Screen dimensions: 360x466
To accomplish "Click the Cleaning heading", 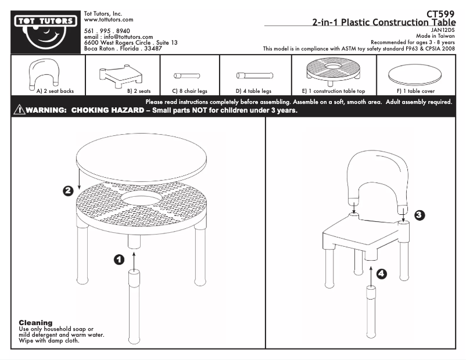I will click(35, 322).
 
